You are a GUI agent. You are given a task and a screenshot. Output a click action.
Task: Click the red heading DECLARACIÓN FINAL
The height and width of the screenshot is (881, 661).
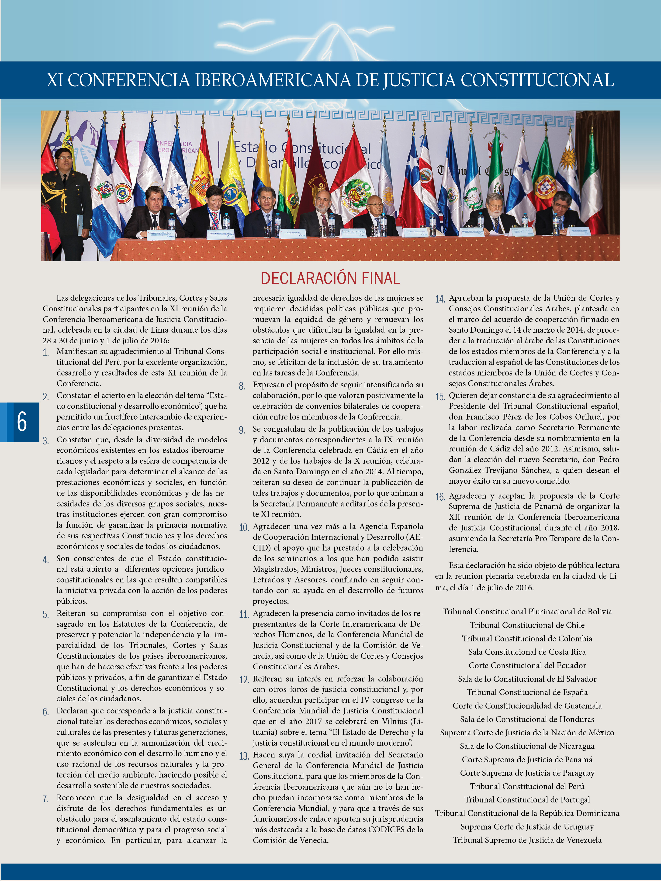point(330,278)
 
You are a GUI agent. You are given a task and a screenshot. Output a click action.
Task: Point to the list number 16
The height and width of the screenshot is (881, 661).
point(440,497)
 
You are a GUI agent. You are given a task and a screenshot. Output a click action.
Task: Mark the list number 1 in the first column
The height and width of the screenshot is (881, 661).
point(46,352)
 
